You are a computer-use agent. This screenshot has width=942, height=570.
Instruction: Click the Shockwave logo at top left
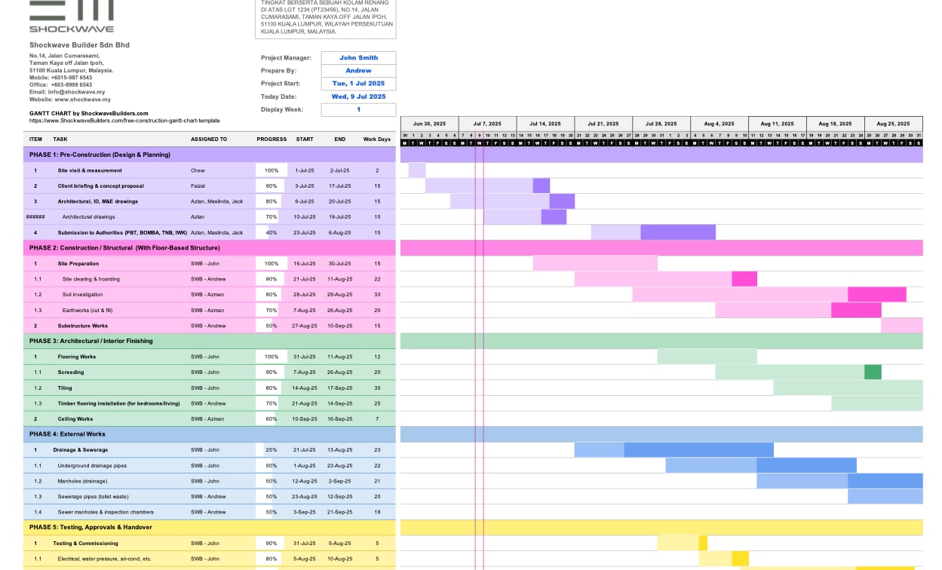pyautogui.click(x=72, y=16)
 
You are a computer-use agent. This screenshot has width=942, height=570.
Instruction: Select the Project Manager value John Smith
pyautogui.click(x=358, y=58)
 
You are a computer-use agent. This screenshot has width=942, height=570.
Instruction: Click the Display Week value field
pyautogui.click(x=358, y=109)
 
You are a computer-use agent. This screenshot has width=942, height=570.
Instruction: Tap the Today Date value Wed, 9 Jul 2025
pyautogui.click(x=358, y=97)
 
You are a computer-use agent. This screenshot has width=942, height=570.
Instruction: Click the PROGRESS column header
pyautogui.click(x=272, y=139)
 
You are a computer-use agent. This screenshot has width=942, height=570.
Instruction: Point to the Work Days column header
pyautogui.click(x=377, y=139)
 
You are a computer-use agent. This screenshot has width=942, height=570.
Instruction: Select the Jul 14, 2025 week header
pyautogui.click(x=545, y=124)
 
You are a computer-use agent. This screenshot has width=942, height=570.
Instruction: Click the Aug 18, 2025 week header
pyautogui.click(x=835, y=124)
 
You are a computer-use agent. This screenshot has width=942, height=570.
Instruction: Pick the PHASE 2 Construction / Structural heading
pyautogui.click(x=124, y=248)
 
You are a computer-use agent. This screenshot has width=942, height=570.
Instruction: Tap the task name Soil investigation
pyautogui.click(x=82, y=295)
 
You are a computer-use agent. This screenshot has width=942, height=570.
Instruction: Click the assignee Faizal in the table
pyautogui.click(x=198, y=186)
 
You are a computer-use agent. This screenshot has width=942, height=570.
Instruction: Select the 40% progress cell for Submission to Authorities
pyautogui.click(x=272, y=233)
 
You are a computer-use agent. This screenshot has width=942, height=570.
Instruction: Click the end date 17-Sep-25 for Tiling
pyautogui.click(x=339, y=388)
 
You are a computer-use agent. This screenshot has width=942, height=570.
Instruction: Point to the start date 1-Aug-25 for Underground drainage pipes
pyautogui.click(x=305, y=466)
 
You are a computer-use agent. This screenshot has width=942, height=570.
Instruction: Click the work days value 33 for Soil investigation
pyautogui.click(x=377, y=295)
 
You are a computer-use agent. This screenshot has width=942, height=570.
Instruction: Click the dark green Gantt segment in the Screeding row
pyautogui.click(x=873, y=372)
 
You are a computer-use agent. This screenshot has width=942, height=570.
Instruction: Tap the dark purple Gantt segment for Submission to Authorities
pyautogui.click(x=678, y=232)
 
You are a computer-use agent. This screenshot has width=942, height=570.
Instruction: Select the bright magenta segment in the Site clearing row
pyautogui.click(x=744, y=279)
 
